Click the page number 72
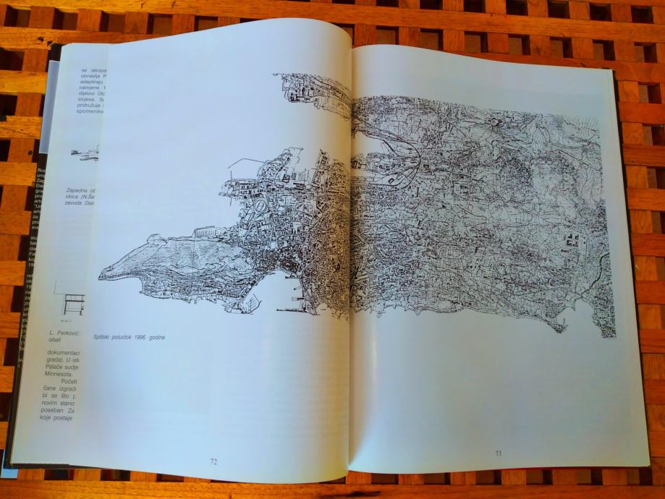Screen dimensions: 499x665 point(213,460)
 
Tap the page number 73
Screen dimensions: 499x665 point(498,453)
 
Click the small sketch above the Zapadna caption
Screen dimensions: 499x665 point(85,153)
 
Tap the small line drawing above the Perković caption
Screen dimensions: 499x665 point(72,302)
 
